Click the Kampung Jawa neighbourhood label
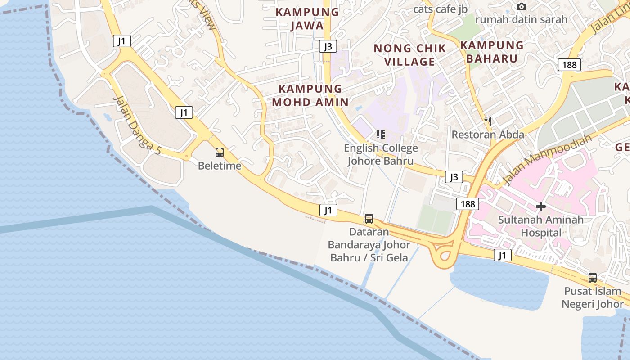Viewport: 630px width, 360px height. click(307, 18)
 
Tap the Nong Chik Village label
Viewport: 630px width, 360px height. click(409, 54)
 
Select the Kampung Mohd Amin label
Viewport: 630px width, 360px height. click(310, 95)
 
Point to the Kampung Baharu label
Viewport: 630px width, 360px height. click(492, 52)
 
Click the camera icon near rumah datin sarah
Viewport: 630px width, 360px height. click(522, 6)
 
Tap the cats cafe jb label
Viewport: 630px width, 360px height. click(440, 9)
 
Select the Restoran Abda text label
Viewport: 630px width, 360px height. click(488, 135)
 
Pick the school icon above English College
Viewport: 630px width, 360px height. click(381, 134)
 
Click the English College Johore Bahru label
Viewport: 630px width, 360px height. click(381, 154)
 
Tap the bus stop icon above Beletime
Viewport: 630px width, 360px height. click(220, 153)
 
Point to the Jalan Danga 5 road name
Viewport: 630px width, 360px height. click(137, 125)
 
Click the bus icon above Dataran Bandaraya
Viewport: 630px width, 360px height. click(369, 219)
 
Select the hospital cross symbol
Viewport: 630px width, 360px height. click(541, 207)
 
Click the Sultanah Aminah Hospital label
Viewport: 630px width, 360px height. click(541, 226)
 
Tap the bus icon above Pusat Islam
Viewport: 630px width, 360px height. click(593, 278)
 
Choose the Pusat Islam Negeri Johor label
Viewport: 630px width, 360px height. click(592, 297)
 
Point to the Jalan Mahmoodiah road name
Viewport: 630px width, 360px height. click(546, 160)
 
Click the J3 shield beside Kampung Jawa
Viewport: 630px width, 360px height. click(328, 46)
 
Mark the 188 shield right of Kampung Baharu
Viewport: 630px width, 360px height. click(569, 65)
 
